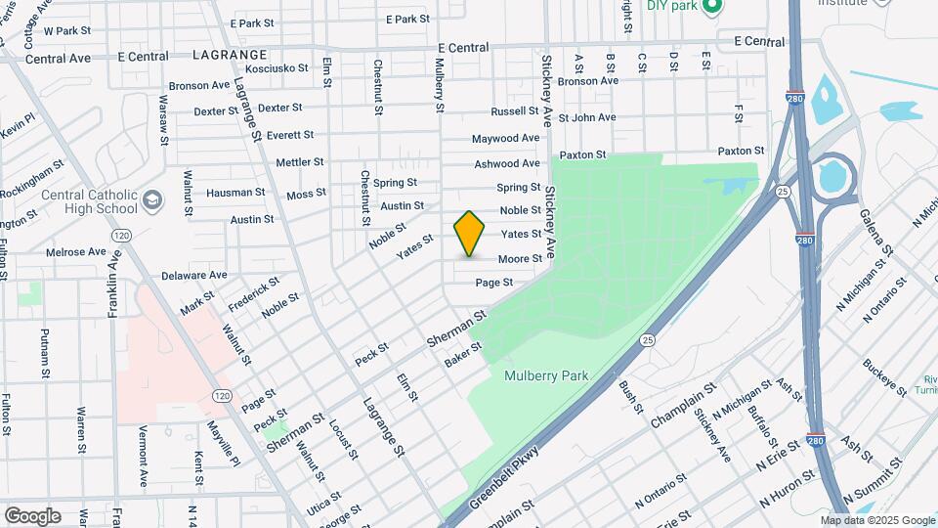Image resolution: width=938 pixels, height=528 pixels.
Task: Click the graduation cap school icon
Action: (x=151, y=201)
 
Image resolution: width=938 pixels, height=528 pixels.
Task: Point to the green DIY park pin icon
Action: (x=712, y=6)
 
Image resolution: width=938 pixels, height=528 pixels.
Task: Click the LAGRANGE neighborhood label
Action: (x=230, y=55)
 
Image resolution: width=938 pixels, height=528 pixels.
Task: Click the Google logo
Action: (x=31, y=516)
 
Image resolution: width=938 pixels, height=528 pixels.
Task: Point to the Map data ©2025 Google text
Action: (x=876, y=520)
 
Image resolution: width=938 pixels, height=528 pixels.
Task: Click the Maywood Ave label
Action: (x=505, y=139)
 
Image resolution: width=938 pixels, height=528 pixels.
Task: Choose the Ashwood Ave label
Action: (x=506, y=163)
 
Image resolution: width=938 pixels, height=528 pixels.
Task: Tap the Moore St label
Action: (x=520, y=259)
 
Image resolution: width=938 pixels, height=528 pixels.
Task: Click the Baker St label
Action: (x=463, y=355)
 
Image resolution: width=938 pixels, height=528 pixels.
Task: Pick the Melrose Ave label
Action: (x=76, y=251)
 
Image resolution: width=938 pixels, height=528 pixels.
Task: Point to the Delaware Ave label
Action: (x=193, y=276)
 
